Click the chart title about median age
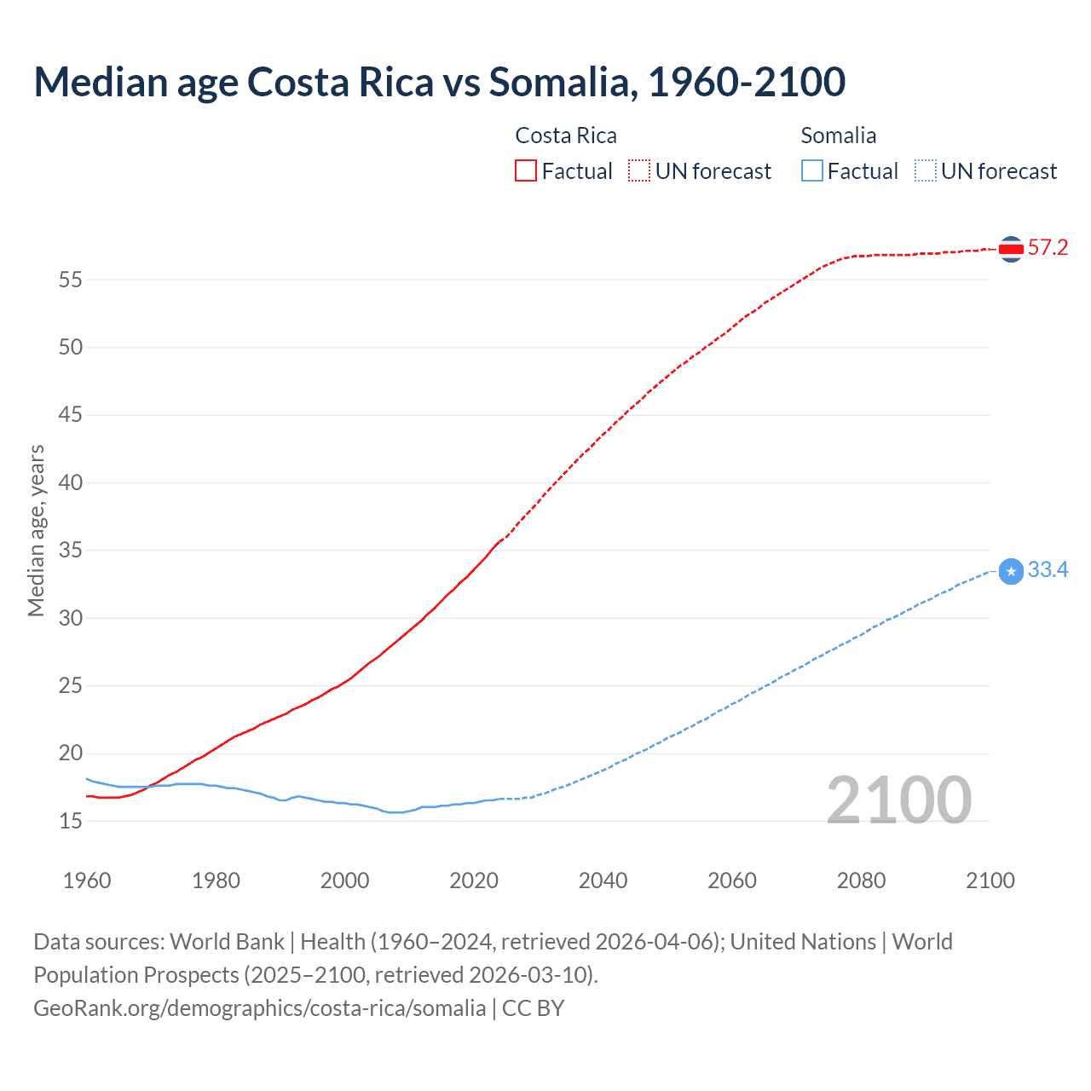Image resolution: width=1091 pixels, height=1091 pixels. click(439, 82)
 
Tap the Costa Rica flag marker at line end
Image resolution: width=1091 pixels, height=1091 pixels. click(1011, 249)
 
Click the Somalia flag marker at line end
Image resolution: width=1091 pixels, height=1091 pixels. click(1011, 571)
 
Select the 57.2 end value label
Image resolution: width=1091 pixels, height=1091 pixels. click(1048, 248)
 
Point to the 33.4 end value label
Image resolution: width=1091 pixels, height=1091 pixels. click(1048, 570)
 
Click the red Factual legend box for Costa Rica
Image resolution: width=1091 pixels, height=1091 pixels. click(526, 171)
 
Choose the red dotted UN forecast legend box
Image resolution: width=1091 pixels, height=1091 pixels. click(639, 171)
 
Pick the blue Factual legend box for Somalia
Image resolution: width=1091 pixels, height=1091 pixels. click(812, 171)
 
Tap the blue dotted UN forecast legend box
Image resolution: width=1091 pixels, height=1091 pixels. click(925, 171)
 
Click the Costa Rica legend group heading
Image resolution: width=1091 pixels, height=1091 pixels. click(566, 136)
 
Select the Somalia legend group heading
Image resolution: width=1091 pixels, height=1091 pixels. click(838, 136)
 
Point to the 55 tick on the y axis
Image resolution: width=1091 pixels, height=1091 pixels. click(71, 280)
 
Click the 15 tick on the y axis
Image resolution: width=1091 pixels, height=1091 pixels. click(71, 821)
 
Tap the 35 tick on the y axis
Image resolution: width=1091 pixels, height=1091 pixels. click(71, 551)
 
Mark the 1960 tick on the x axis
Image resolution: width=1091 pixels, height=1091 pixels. click(87, 880)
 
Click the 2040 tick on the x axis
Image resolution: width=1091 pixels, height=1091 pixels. click(603, 880)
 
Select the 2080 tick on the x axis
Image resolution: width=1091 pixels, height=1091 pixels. click(861, 880)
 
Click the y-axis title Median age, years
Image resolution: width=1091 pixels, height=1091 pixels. click(36, 530)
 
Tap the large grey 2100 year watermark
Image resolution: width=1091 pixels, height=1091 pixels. click(898, 799)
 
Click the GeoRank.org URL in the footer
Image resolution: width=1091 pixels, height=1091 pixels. click(259, 1008)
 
